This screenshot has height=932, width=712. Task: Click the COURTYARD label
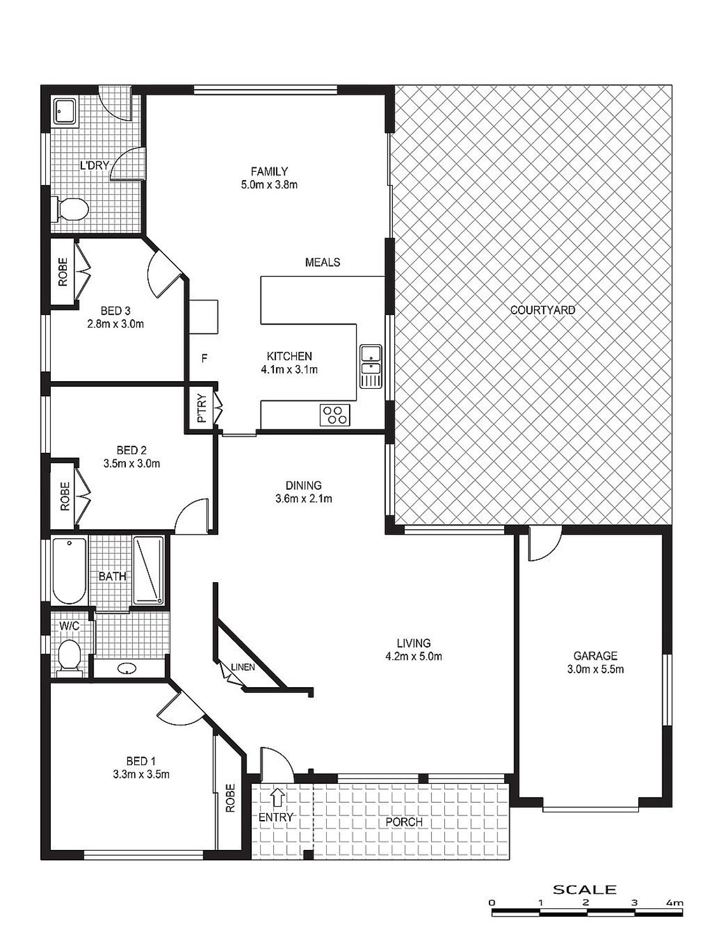(542, 310)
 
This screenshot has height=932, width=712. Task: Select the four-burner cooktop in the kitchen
(335, 415)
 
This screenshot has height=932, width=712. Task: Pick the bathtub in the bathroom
(69, 571)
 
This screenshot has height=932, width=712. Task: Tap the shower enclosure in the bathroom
(149, 569)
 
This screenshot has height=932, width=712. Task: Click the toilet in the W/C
(68, 655)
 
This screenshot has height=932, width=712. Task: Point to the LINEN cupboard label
(243, 667)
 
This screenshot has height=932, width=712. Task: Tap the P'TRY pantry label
(202, 409)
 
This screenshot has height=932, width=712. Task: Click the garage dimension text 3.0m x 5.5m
(595, 669)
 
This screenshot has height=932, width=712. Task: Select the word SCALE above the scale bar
(584, 889)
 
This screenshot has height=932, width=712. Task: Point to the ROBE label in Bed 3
(63, 272)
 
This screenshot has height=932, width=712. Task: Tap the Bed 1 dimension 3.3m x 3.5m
(140, 774)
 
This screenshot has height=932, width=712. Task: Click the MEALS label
(322, 262)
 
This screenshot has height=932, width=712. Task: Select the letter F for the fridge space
(203, 358)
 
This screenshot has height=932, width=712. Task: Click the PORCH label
(404, 821)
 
